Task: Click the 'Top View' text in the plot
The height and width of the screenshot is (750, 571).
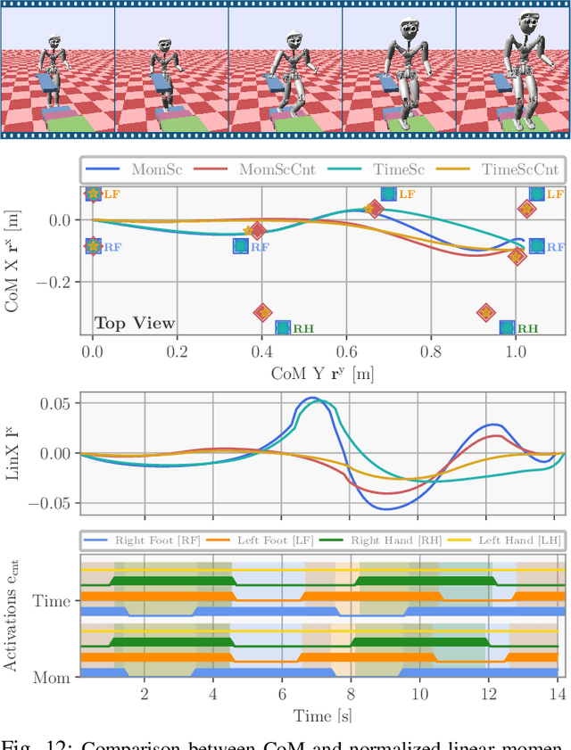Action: tap(135, 323)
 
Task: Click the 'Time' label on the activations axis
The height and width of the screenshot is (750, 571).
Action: tap(52, 601)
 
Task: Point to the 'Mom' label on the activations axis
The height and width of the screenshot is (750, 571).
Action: tap(52, 677)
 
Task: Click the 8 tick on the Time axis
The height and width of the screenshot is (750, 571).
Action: tap(351, 696)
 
